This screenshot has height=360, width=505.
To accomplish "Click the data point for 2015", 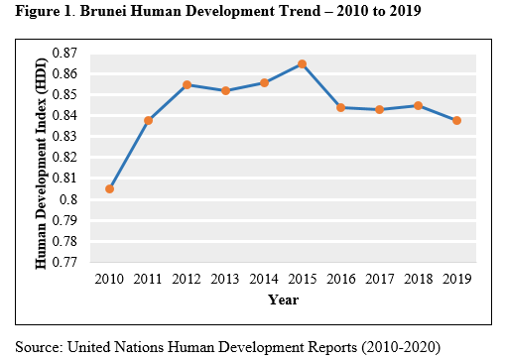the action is (302, 64).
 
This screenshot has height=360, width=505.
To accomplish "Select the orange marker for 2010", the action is (109, 189).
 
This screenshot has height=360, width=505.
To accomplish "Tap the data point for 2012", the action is (187, 85).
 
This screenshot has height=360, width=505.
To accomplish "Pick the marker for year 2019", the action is (456, 121).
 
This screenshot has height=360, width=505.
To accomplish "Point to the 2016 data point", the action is (341, 108).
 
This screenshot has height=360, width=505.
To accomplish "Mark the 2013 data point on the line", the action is (225, 91).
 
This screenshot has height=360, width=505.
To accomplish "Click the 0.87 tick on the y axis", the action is (64, 53).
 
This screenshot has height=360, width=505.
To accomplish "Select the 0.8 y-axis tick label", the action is (68, 199).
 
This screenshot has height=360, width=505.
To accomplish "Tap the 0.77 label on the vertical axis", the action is (64, 262).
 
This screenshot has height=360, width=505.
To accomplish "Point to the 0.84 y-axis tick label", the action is (64, 116).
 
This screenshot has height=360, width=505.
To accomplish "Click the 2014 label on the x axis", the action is (264, 279).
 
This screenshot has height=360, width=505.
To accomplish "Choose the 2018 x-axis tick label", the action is (419, 279).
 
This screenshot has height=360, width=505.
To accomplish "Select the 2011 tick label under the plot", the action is (148, 279).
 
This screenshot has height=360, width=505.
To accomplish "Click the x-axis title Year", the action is (284, 300).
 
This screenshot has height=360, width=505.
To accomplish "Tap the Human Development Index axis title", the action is (41, 164).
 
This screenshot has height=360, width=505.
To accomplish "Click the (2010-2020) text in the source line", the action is (401, 347).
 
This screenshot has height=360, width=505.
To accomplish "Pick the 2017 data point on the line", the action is (380, 109).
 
